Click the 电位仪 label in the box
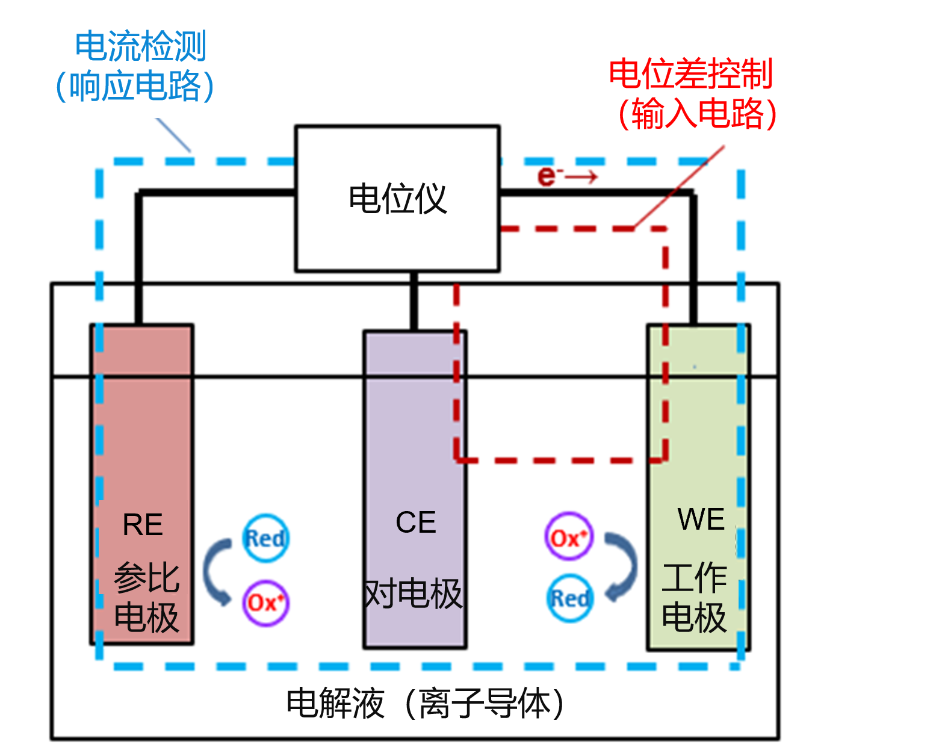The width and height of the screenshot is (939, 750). pyautogui.click(x=397, y=199)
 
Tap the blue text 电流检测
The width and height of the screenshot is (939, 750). pyautogui.click(x=141, y=46)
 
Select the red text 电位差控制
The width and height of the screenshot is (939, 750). pyautogui.click(x=690, y=73)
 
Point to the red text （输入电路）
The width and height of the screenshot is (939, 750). pyautogui.click(x=697, y=113)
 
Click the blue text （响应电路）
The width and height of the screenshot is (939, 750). pyautogui.click(x=135, y=85)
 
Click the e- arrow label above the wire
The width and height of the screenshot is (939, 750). pyautogui.click(x=566, y=176)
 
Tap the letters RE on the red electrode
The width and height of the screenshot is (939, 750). pyautogui.click(x=143, y=524)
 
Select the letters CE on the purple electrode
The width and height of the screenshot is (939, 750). pyautogui.click(x=415, y=522)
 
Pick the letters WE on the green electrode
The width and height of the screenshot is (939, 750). pyautogui.click(x=701, y=519)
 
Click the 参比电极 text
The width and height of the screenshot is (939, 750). pyautogui.click(x=146, y=597)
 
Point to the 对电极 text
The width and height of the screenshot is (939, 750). pyautogui.click(x=413, y=594)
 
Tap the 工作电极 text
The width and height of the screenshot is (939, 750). pyautogui.click(x=694, y=597)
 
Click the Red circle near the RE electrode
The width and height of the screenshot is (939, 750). pyautogui.click(x=265, y=538)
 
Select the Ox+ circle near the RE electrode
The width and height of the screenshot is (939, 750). pyautogui.click(x=265, y=602)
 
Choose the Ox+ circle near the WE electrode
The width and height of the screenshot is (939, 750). pyautogui.click(x=568, y=537)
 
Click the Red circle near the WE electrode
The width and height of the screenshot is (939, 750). pyautogui.click(x=569, y=598)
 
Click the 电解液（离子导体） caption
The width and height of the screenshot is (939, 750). pyautogui.click(x=425, y=702)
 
